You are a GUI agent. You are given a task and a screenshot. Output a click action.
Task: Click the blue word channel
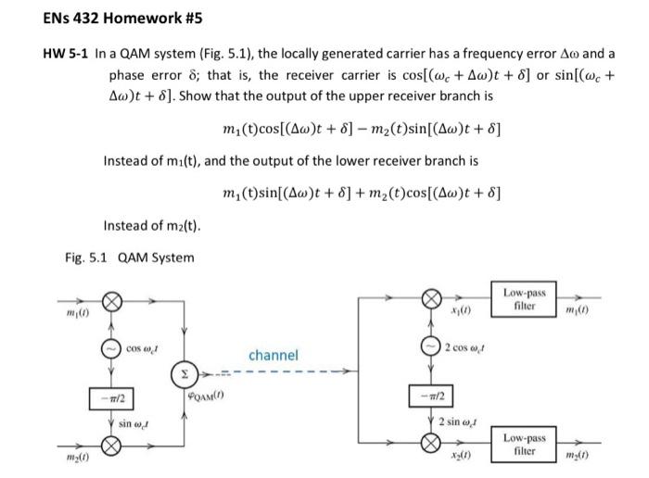(274, 355)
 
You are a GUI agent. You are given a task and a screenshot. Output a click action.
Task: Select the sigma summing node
(182, 375)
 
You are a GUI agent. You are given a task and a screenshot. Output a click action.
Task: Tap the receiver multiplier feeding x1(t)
(432, 299)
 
